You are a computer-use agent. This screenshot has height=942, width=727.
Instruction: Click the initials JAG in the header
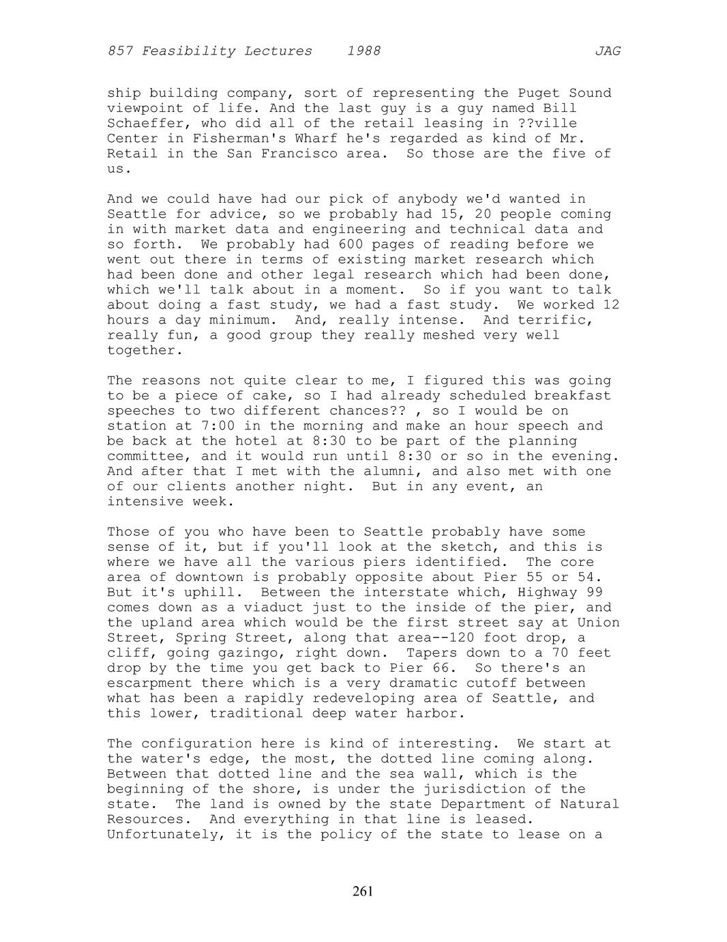click(607, 51)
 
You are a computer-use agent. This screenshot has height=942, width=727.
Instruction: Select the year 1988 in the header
click(363, 51)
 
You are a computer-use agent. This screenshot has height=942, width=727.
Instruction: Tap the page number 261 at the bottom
click(363, 891)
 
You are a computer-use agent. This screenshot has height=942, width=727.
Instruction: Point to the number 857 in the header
click(120, 51)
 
